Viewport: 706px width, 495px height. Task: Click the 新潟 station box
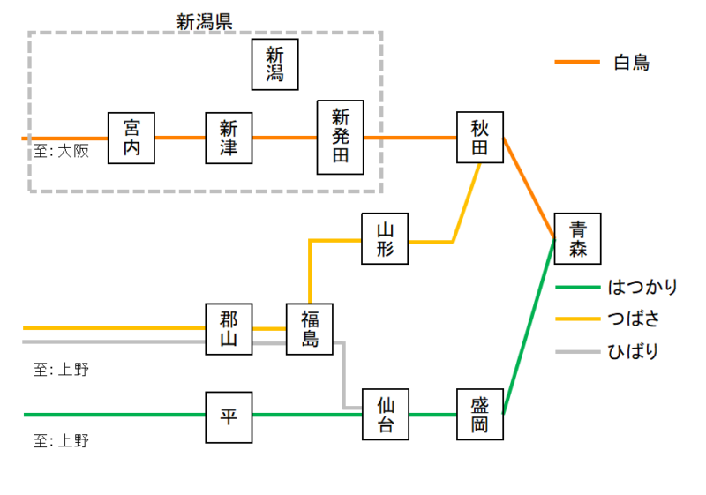point(274,64)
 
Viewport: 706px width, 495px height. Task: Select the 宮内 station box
point(131,139)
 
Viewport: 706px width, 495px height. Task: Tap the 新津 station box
point(229,139)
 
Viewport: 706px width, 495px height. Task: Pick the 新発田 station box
point(341,137)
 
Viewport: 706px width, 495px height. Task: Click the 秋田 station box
point(479,138)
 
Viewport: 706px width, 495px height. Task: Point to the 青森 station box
point(577,239)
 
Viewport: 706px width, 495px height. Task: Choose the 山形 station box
point(386,239)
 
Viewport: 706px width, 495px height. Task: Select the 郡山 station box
point(229,329)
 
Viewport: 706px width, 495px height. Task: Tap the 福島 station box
point(310,328)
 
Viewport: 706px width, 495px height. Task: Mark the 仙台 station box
point(386,415)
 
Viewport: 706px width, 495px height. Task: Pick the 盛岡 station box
point(479,415)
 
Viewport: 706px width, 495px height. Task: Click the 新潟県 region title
point(204,21)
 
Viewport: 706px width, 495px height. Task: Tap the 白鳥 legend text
point(631,63)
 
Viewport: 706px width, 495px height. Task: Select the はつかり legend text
point(643,287)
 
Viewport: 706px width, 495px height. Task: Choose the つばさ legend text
point(635,319)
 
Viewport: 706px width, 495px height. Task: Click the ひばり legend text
point(634,351)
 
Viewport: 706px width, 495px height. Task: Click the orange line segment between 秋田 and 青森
point(529,189)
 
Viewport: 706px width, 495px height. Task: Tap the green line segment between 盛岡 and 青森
point(529,326)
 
